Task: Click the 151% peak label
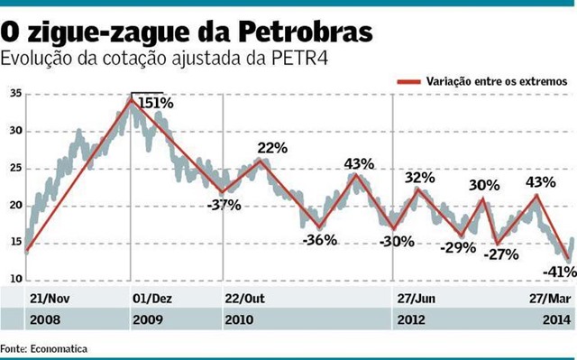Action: [x=155, y=104]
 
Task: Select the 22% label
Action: [x=271, y=147]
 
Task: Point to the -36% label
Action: [x=319, y=240]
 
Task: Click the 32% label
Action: [x=420, y=178]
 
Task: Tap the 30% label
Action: [x=484, y=185]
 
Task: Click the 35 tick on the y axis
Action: [x=16, y=94]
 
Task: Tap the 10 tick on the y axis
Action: [x=16, y=280]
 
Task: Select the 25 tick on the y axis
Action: [x=16, y=168]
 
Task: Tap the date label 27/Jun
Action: [x=417, y=298]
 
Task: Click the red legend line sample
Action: [x=411, y=79]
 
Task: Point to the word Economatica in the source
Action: [x=60, y=348]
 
